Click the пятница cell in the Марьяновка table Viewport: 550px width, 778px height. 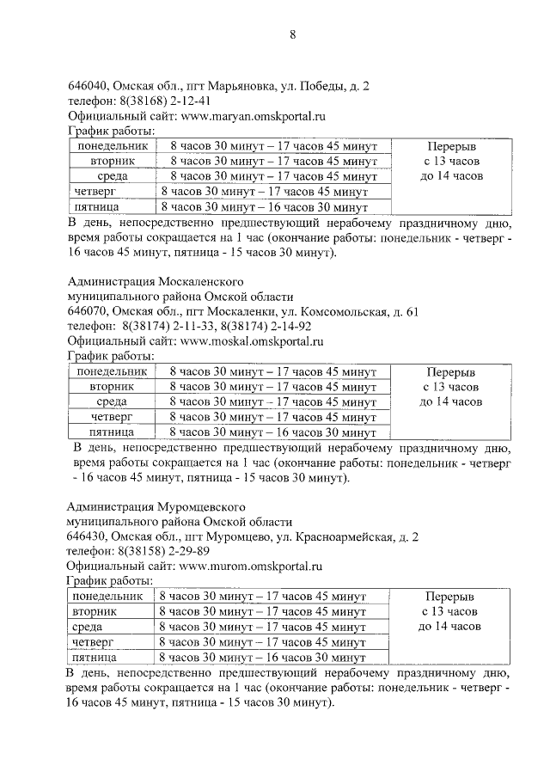tap(96, 207)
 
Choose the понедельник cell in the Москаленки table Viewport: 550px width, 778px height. tap(112, 371)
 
